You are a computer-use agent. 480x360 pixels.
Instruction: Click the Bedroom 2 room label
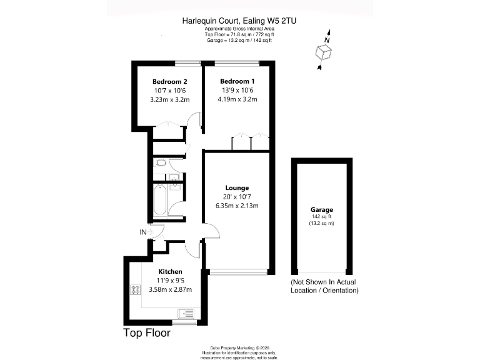tap(170, 82)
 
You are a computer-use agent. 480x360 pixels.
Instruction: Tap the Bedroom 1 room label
tap(237, 82)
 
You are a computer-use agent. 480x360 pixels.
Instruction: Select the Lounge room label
tap(237, 187)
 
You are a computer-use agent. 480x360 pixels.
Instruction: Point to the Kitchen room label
tap(170, 271)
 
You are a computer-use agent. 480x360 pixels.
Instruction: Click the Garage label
tap(322, 209)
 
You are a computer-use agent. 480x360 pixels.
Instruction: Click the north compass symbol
tap(324, 50)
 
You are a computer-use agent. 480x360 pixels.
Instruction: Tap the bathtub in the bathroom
tap(161, 199)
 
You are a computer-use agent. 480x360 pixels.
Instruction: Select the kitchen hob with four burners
tap(135, 290)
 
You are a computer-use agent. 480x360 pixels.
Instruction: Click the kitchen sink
tap(186, 313)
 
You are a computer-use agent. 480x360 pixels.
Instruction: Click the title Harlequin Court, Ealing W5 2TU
tap(239, 21)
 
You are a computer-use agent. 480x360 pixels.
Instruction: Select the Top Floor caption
tap(147, 333)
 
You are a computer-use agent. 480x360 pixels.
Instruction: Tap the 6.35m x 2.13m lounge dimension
tap(237, 206)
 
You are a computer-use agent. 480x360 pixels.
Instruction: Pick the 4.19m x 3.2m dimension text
tap(237, 99)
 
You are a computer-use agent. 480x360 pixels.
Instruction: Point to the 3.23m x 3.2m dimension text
tap(170, 99)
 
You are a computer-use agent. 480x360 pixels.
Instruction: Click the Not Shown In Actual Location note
tap(324, 286)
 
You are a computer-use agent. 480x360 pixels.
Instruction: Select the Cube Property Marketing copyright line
tap(239, 347)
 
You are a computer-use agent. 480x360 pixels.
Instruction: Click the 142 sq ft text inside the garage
tap(322, 217)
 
